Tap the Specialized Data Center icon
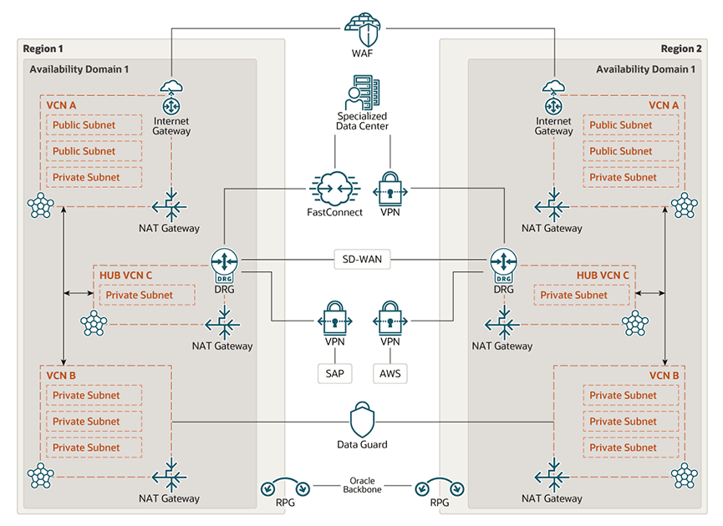click(x=362, y=92)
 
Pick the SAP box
click(x=334, y=373)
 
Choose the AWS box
click(x=390, y=373)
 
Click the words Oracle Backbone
click(x=362, y=485)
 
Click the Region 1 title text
click(x=43, y=48)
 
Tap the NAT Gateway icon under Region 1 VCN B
click(x=171, y=475)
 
